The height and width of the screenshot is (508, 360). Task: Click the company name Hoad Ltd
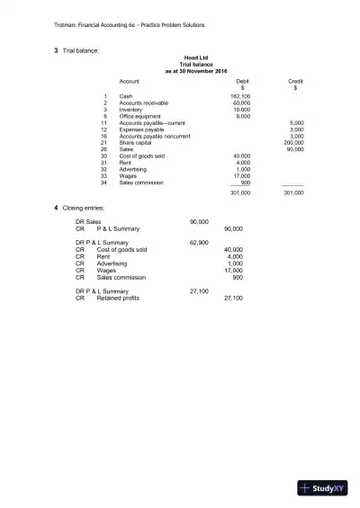click(195, 57)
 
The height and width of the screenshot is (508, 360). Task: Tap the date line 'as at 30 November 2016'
click(195, 69)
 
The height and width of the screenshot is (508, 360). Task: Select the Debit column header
click(241, 81)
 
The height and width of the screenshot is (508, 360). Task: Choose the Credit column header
click(295, 81)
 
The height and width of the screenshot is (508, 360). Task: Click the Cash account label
click(126, 95)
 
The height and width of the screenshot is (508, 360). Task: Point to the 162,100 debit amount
click(240, 95)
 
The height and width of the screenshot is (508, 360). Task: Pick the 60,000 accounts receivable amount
click(241, 102)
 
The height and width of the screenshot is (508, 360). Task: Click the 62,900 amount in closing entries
click(199, 243)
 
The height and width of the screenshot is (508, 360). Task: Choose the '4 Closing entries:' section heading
click(86, 209)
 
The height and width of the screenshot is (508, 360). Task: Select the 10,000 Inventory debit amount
click(241, 109)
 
